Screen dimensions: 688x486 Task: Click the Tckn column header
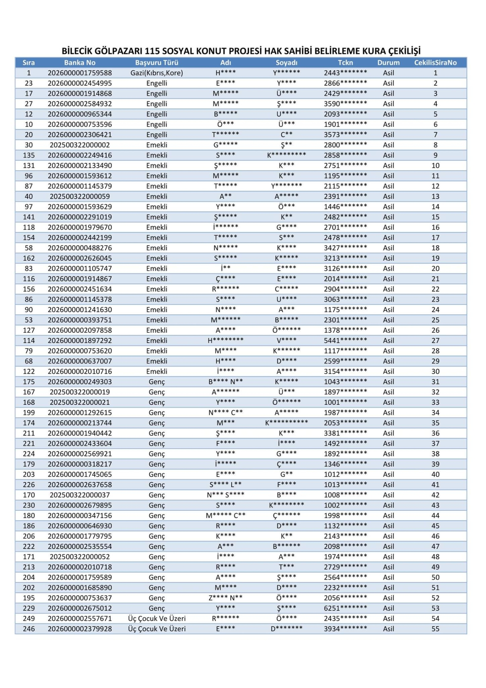[x=345, y=63]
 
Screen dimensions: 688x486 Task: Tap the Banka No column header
[x=80, y=63]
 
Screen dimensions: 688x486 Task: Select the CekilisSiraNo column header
[x=435, y=63]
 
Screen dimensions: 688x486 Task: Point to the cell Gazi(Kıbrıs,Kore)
[x=157, y=73]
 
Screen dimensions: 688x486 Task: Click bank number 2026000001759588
[x=80, y=73]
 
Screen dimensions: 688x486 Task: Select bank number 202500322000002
[x=80, y=145]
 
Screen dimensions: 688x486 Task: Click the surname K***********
[x=286, y=423]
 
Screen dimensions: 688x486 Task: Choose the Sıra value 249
[x=29, y=619]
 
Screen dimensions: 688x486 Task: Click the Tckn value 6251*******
[x=345, y=608]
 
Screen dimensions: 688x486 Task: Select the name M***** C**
[x=225, y=516]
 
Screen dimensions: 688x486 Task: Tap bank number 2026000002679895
[x=80, y=505]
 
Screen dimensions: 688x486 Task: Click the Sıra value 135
[x=29, y=156]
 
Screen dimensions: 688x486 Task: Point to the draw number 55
[x=435, y=629]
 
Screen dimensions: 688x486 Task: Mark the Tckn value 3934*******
[x=345, y=629]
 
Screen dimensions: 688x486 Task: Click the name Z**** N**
[x=225, y=598]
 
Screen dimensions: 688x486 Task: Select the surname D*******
[x=286, y=629]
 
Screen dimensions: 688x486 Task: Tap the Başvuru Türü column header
[x=157, y=63]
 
